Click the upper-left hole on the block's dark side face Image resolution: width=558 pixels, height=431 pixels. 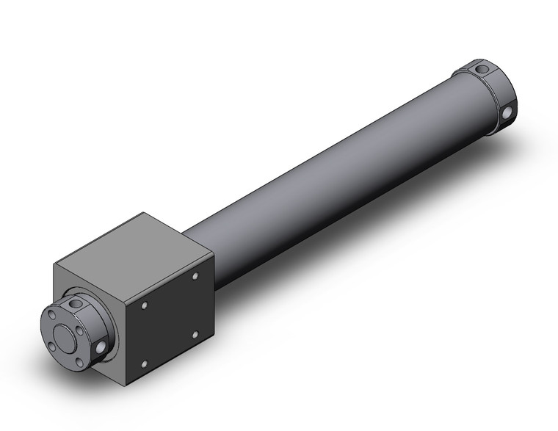pyautogui.click(x=145, y=304)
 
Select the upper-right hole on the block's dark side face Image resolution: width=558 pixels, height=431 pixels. pyautogui.click(x=196, y=276)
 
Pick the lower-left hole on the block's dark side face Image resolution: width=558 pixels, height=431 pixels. pyautogui.click(x=145, y=360)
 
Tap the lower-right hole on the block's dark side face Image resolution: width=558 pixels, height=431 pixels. pyautogui.click(x=195, y=333)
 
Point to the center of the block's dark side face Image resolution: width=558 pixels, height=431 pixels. pyautogui.click(x=170, y=317)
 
